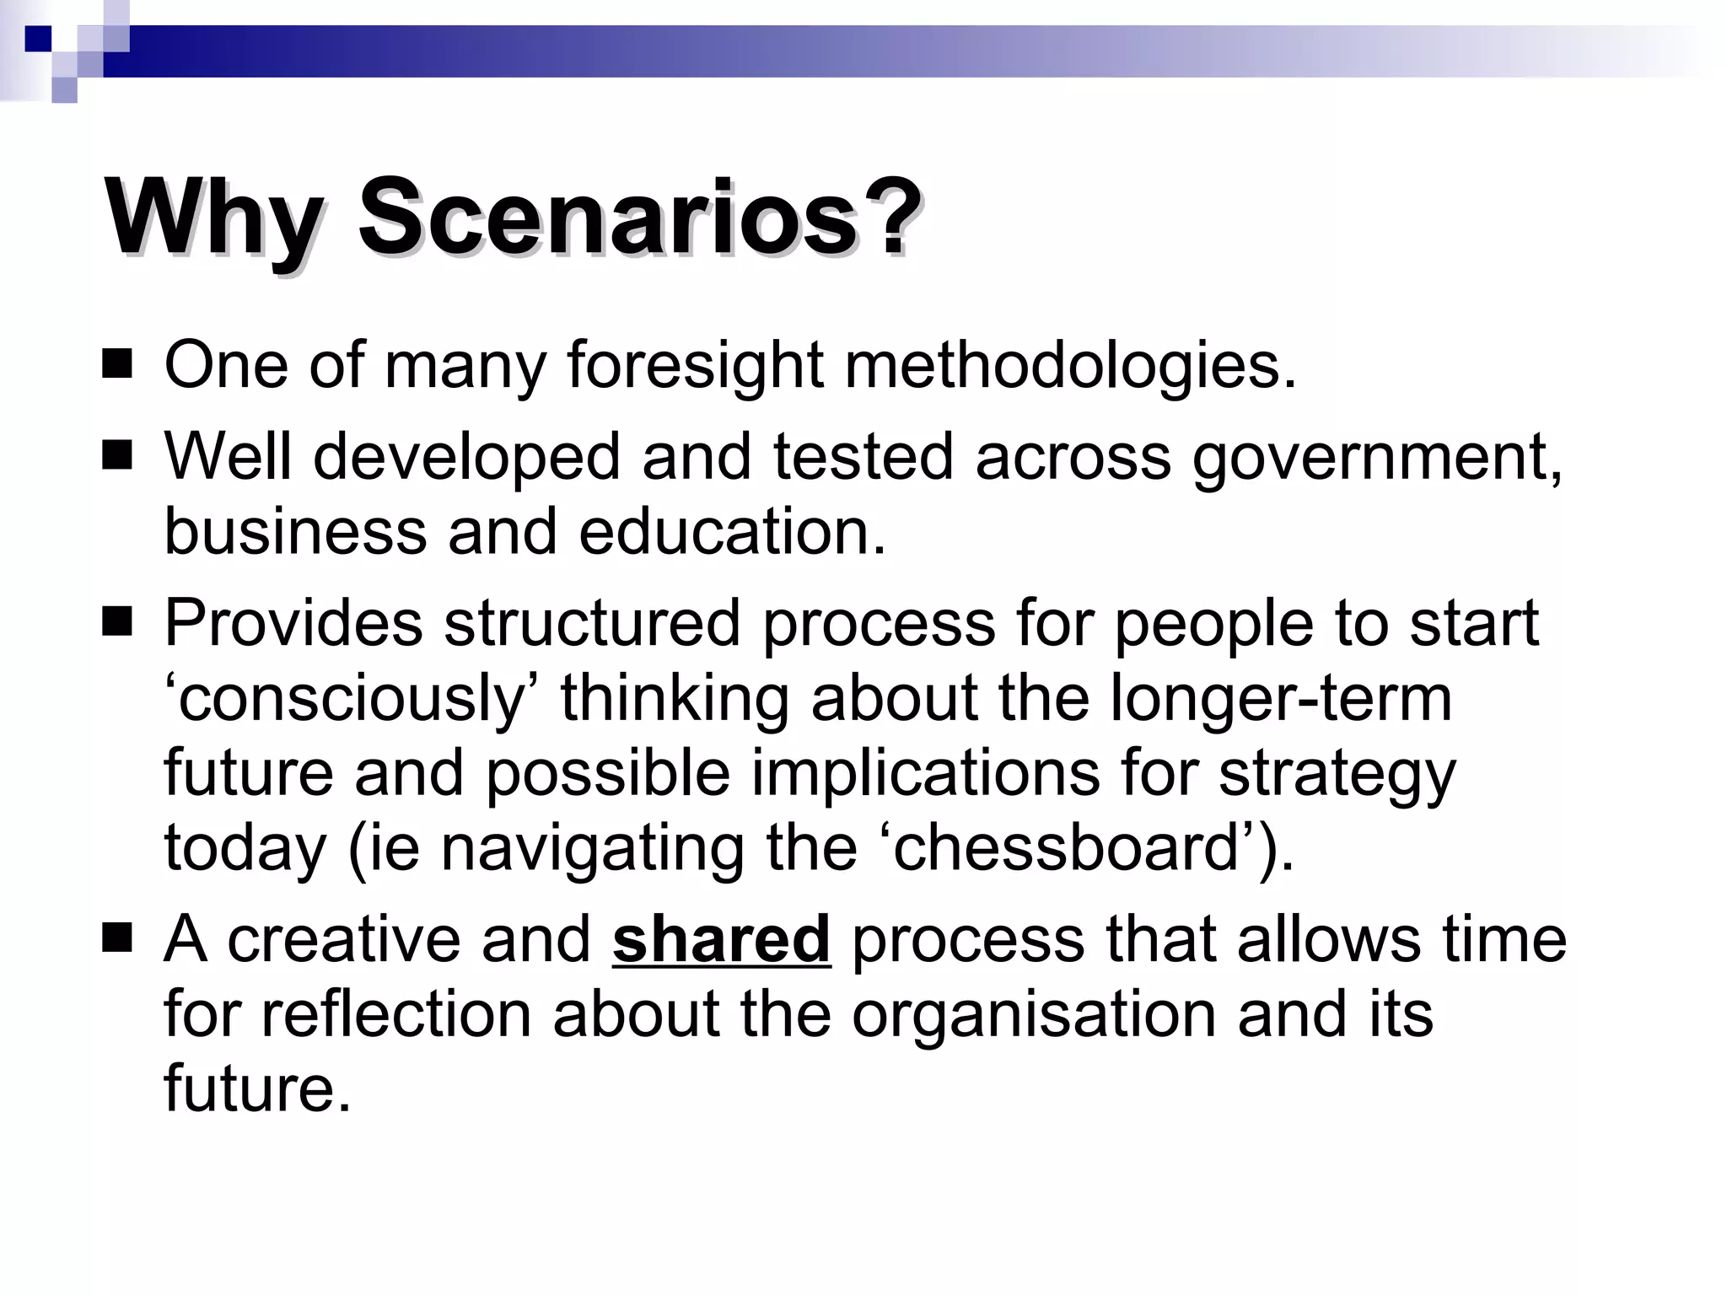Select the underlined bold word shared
tap(721, 939)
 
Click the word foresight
tap(694, 366)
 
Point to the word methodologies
tap(1069, 366)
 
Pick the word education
tap(732, 533)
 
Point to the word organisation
tap(1034, 1013)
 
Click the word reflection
tap(396, 1013)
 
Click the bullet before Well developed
tap(117, 456)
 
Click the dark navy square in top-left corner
tap(38, 39)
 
